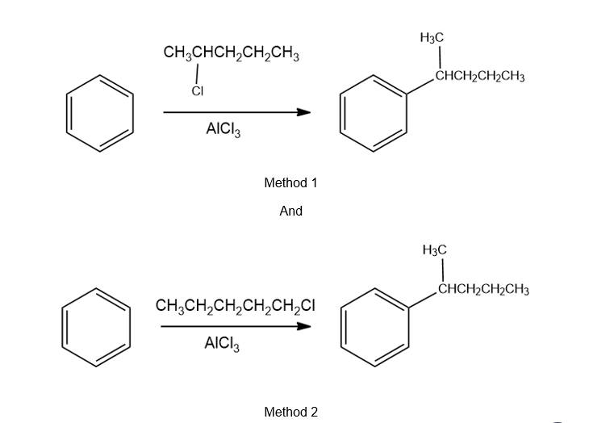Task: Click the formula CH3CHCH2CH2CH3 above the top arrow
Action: coord(232,56)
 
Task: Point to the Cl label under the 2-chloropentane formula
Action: coord(197,90)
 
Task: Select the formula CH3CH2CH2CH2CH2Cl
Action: coord(234,307)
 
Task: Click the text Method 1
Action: coord(290,183)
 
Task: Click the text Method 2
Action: coord(290,412)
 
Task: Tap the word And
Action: coord(290,211)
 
